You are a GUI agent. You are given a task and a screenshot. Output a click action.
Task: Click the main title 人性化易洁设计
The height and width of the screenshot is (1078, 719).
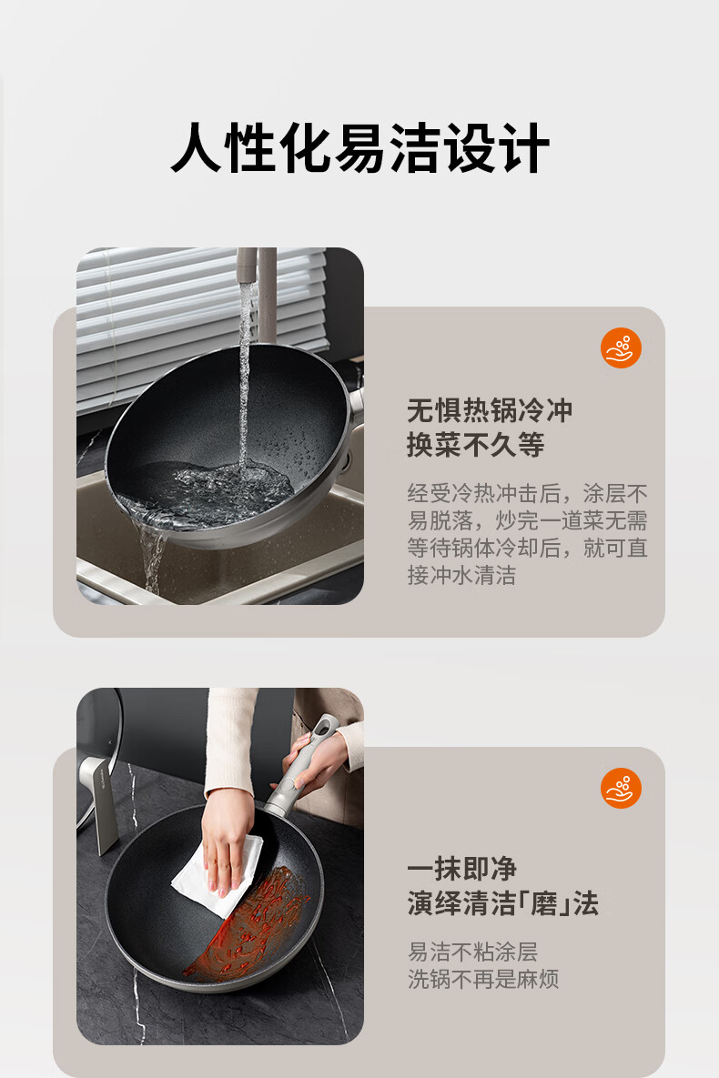point(359,147)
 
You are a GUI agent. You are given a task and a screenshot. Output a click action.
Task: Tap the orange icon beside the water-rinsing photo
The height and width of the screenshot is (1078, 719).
point(621,348)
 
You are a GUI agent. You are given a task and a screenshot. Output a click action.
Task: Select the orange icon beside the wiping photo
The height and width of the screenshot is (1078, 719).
point(621,788)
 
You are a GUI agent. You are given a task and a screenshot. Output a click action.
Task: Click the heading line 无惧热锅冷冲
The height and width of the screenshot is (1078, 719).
point(490,410)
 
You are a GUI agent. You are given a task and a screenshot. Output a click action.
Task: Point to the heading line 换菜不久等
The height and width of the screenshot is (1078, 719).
point(475,444)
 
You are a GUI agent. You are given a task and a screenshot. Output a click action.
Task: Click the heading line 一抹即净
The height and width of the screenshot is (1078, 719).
point(461,869)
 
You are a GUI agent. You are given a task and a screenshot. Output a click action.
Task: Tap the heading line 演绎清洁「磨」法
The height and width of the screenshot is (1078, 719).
point(503,902)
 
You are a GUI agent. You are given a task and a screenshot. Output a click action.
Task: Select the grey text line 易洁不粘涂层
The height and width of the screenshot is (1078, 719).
point(472,952)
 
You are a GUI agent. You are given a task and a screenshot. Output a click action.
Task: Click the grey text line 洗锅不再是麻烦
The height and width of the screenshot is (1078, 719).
point(483,979)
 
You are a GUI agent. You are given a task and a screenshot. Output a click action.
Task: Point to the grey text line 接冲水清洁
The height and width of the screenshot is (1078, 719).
point(461,575)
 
